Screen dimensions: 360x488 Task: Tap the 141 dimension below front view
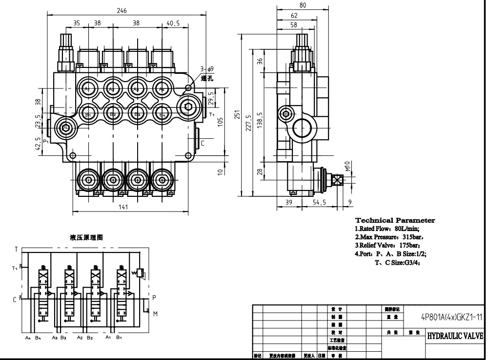coord(123,207)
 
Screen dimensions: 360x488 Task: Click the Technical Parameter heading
coord(395,220)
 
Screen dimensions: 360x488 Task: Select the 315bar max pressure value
coord(409,237)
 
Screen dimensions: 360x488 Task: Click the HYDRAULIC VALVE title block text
coord(455,336)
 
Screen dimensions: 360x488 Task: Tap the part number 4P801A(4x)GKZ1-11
coord(452,317)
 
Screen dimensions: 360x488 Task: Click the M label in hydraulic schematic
coord(155,313)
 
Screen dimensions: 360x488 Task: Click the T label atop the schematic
coord(16,249)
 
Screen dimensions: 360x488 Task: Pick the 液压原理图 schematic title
coord(87,237)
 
